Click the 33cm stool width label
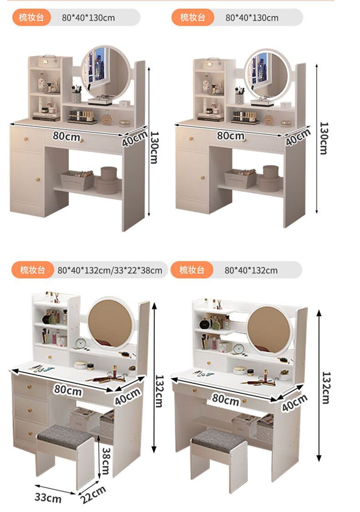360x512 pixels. (48, 497)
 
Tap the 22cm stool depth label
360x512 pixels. (93, 494)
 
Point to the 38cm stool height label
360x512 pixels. (106, 461)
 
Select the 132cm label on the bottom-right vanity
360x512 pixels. (326, 388)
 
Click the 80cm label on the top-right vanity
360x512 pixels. (231, 135)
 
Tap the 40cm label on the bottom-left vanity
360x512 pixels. (128, 396)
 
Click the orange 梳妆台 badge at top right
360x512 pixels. (193, 17)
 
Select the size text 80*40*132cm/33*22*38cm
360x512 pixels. (110, 270)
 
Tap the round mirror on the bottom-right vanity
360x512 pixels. (268, 329)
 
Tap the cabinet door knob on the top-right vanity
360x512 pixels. (203, 178)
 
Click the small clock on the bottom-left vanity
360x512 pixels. (80, 343)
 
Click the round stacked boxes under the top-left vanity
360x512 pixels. (108, 180)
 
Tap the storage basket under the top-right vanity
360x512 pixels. (240, 178)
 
